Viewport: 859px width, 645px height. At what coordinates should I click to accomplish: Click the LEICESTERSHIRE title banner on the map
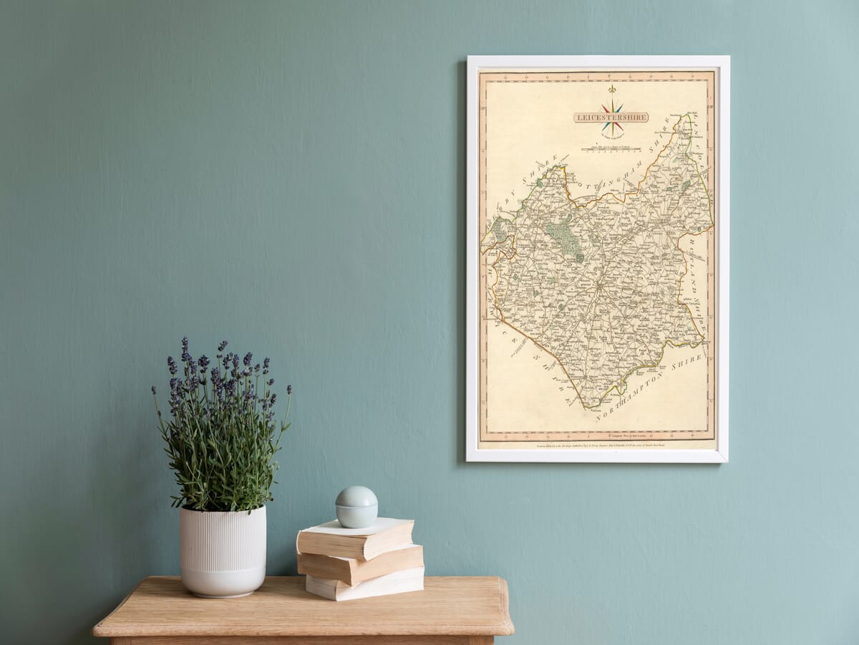(x=611, y=117)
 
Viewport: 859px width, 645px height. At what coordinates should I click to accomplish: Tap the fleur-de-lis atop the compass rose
(x=611, y=90)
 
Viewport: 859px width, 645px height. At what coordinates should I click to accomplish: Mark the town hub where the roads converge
(x=598, y=287)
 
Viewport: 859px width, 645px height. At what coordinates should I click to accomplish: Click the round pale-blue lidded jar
(x=356, y=507)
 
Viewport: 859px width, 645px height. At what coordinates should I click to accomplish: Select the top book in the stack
(x=355, y=537)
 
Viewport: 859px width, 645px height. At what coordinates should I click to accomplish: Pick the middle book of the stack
(x=360, y=563)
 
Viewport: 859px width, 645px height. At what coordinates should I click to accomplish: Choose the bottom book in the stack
(x=365, y=584)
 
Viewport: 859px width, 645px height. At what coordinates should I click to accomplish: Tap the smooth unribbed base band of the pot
(x=223, y=582)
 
